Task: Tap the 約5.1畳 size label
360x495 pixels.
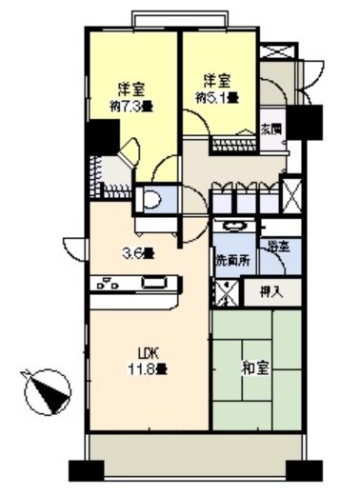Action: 216,96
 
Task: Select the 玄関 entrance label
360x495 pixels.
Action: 270,128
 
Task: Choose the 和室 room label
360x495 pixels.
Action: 256,367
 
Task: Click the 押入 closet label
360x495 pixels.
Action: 271,292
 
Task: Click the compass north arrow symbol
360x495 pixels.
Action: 45,391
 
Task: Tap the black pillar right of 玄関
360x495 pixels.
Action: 307,122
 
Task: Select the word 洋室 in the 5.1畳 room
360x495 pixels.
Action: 216,81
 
